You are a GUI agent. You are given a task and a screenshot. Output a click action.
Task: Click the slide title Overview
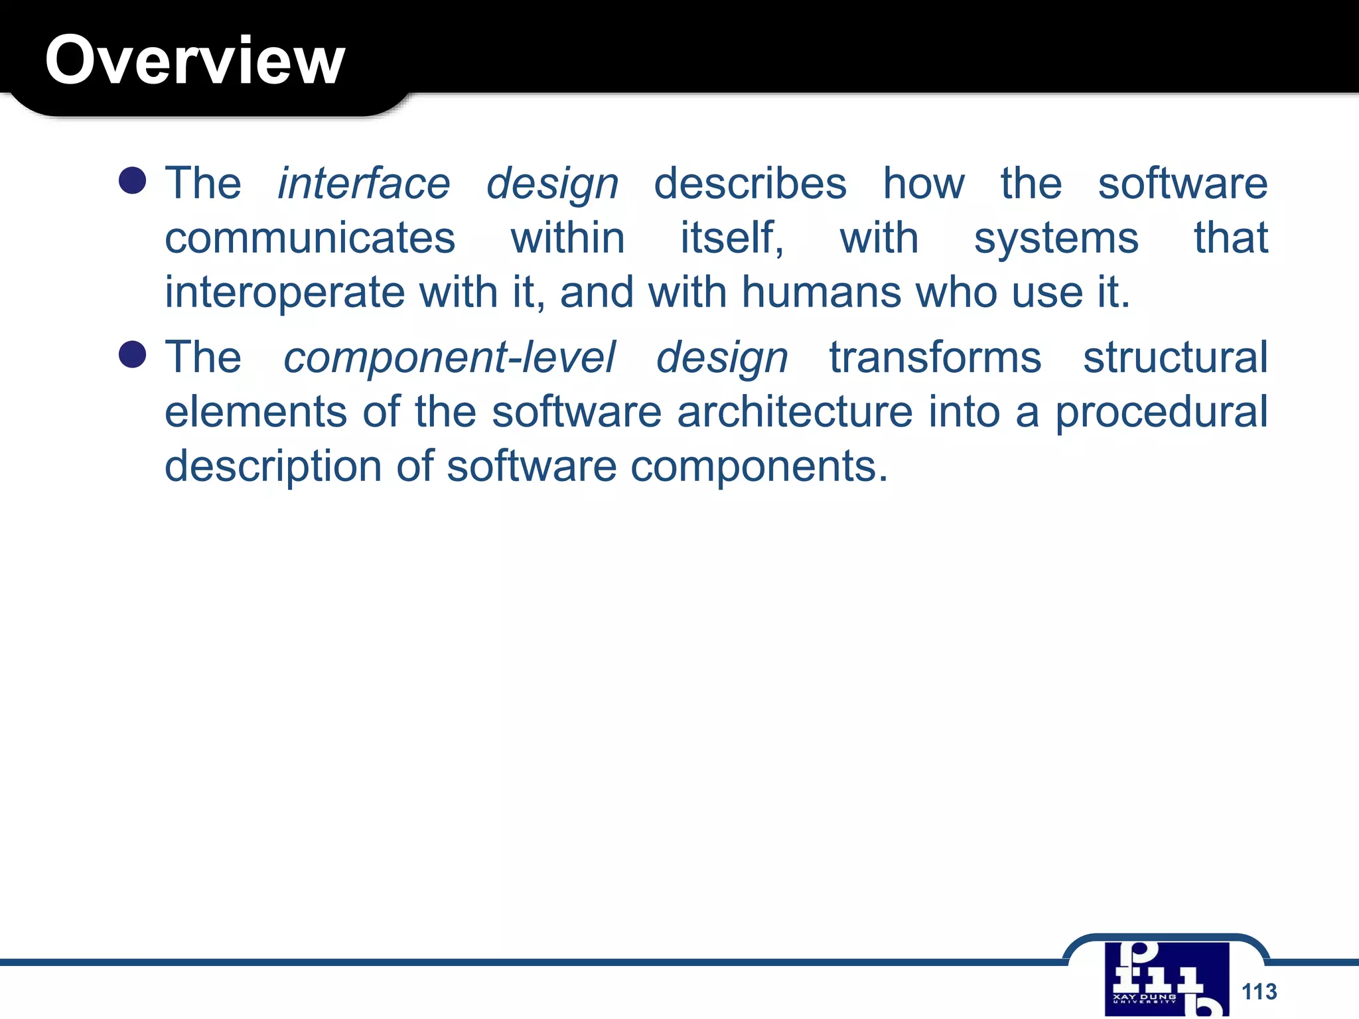(194, 60)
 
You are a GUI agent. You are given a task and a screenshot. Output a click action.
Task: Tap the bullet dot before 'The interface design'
(133, 180)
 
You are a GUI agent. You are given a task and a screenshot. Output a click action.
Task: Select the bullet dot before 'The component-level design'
(133, 354)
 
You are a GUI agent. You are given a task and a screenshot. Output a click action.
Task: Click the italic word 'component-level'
(449, 358)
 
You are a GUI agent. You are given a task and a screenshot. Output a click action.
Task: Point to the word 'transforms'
(935, 358)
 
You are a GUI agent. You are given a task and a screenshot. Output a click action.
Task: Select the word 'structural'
(1175, 358)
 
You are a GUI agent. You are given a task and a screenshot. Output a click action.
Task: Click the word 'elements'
(255, 412)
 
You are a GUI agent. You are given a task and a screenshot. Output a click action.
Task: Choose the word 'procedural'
(1161, 412)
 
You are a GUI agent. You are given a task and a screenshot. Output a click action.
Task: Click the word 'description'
(273, 466)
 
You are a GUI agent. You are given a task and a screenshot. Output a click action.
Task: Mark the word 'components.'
(758, 466)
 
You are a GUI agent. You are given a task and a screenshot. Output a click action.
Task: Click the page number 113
(1259, 992)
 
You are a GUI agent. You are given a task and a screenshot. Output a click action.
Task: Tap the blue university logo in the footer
(1167, 979)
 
